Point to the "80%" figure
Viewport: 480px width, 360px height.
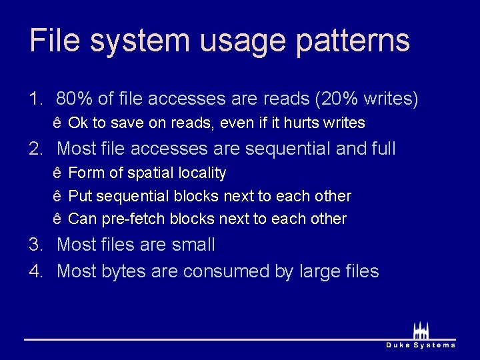74,99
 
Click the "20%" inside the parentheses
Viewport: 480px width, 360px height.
341,99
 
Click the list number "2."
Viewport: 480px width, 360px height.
35,148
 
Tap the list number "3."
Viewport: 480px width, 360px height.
35,245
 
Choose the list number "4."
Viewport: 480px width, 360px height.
35,271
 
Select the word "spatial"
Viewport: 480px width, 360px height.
151,173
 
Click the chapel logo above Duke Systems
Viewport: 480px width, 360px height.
421,329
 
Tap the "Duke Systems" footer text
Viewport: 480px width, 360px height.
421,345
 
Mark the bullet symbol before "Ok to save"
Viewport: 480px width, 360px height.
57,123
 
